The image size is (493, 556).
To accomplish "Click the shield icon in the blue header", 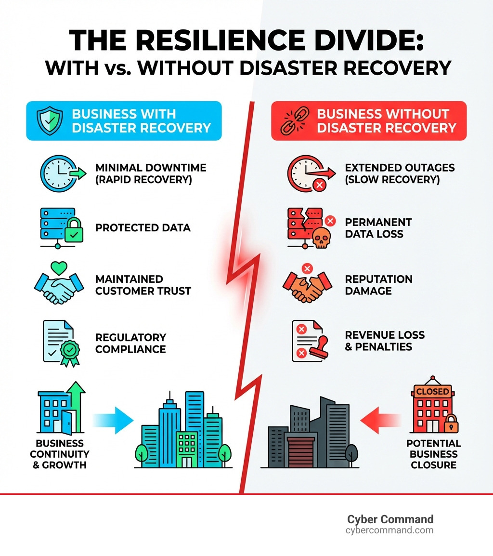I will [x=49, y=120].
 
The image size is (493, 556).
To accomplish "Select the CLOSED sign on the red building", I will [x=432, y=391].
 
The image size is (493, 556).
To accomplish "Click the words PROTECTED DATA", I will [x=143, y=227].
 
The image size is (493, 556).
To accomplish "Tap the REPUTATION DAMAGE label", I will [x=378, y=285].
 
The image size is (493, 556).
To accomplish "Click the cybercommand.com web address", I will [x=389, y=530].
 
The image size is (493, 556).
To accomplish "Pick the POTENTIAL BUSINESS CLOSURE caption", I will [x=433, y=454].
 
